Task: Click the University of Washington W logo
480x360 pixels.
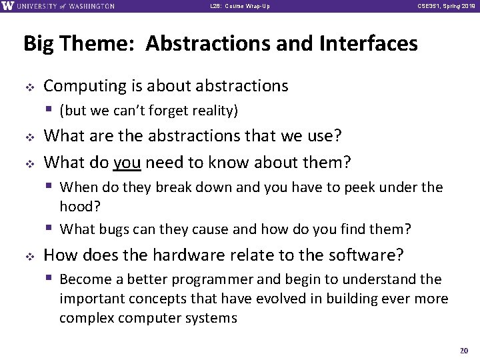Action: pyautogui.click(x=8, y=6)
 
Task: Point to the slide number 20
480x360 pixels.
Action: pyautogui.click(x=465, y=350)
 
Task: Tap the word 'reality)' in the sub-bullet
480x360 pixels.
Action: pyautogui.click(x=214, y=110)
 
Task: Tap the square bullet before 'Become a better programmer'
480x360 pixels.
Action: pyautogui.click(x=51, y=279)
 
